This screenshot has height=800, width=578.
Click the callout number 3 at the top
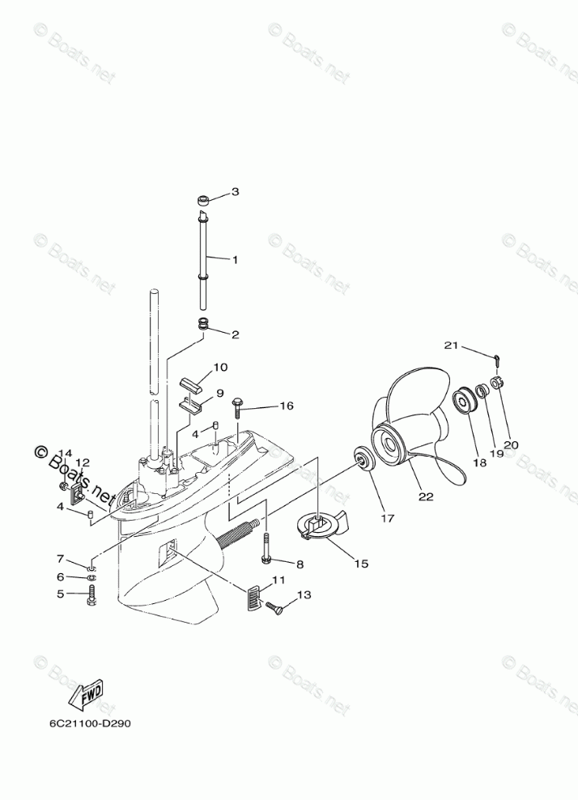[236, 192]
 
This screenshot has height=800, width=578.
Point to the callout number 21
[451, 346]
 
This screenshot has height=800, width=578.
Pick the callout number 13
[304, 595]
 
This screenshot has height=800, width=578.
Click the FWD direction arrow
[84, 693]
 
